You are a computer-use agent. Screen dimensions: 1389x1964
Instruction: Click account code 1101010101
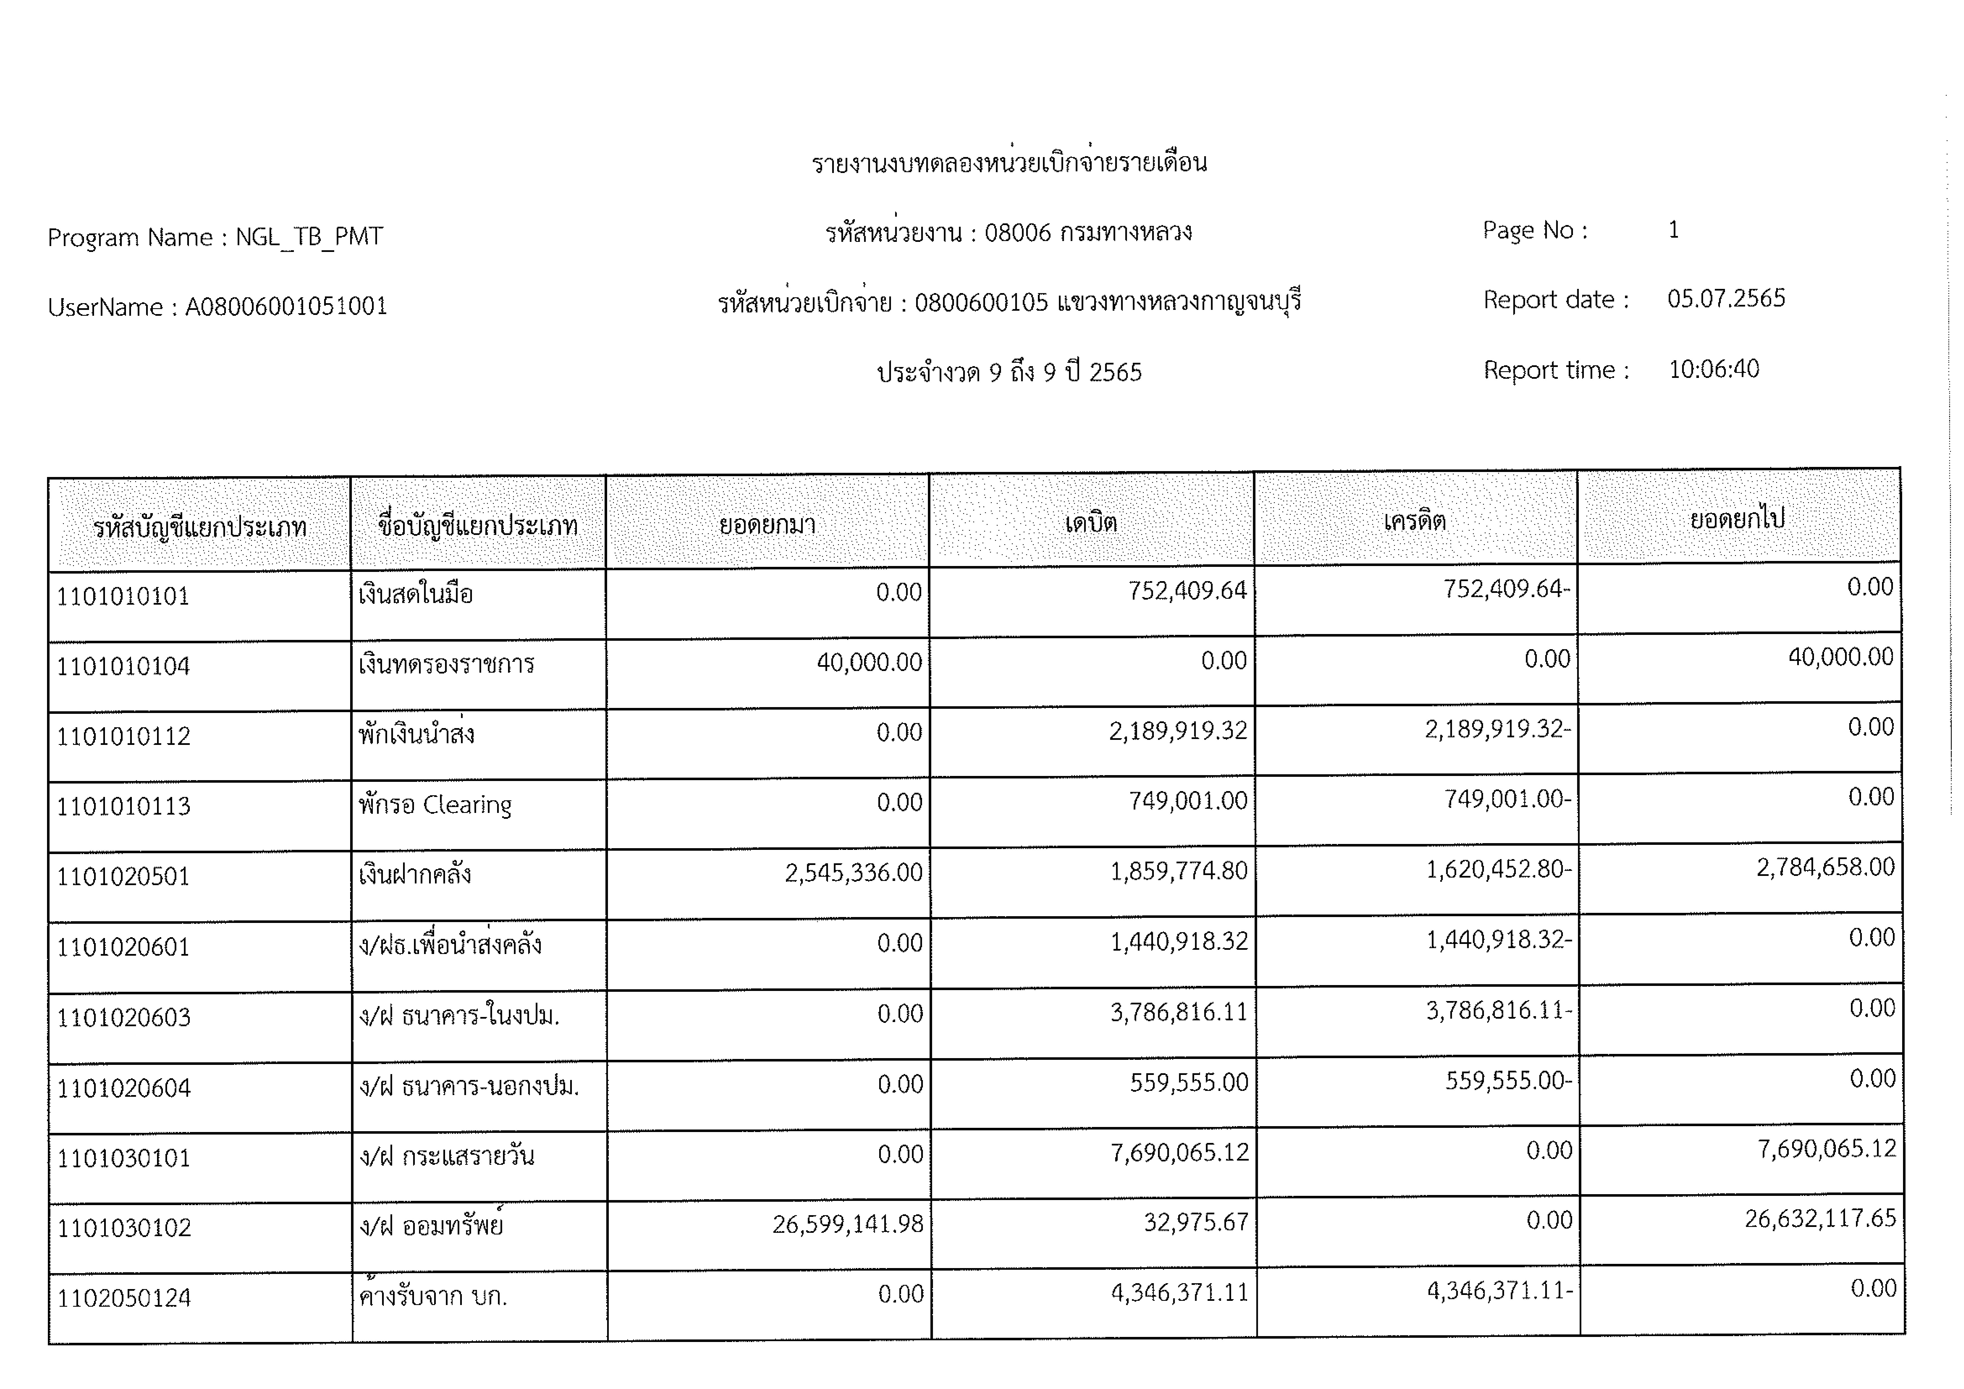[x=123, y=596]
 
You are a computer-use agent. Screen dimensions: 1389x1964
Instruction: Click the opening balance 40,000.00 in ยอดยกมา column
[x=869, y=662]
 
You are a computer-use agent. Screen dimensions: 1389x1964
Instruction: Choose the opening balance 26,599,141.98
[x=848, y=1224]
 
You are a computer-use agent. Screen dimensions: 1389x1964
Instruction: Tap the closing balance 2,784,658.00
[x=1825, y=867]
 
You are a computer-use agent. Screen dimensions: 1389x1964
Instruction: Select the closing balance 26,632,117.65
[x=1820, y=1218]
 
